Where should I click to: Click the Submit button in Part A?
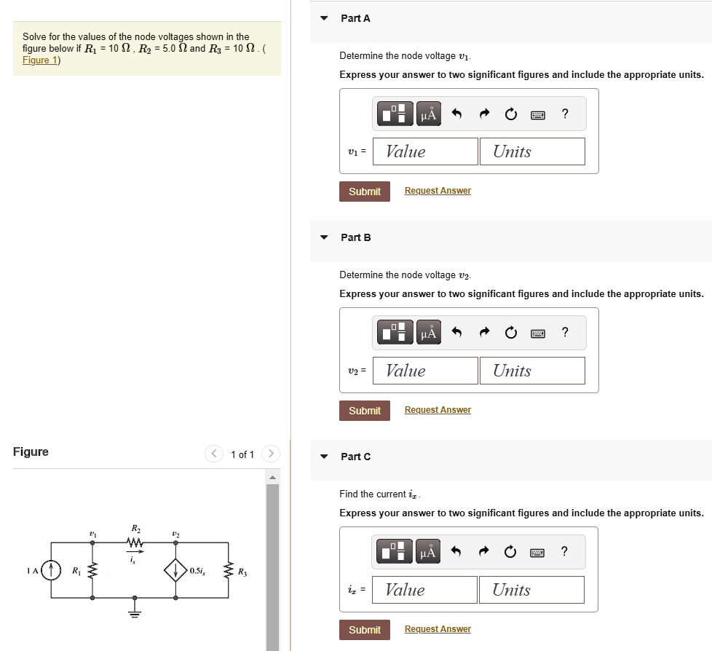pyautogui.click(x=364, y=192)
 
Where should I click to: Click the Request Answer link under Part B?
pyautogui.click(x=438, y=410)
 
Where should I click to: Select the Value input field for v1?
pyautogui.click(x=425, y=151)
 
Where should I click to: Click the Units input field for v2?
pyautogui.click(x=532, y=371)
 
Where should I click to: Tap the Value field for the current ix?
pyautogui.click(x=425, y=590)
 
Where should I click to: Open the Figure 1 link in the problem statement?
pyautogui.click(x=36, y=60)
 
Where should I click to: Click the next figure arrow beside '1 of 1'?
pyautogui.click(x=269, y=454)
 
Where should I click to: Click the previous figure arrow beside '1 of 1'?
pyautogui.click(x=214, y=454)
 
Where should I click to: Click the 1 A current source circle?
pyautogui.click(x=51, y=570)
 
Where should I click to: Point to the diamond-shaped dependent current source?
pyautogui.click(x=175, y=570)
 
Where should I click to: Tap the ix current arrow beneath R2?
pyautogui.click(x=135, y=552)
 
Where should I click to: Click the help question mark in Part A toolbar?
pyautogui.click(x=565, y=114)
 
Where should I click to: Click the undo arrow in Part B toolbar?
pyautogui.click(x=457, y=334)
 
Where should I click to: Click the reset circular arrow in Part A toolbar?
pyautogui.click(x=511, y=114)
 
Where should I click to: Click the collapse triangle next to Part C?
pyautogui.click(x=325, y=457)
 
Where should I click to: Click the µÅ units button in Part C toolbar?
pyautogui.click(x=429, y=553)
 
